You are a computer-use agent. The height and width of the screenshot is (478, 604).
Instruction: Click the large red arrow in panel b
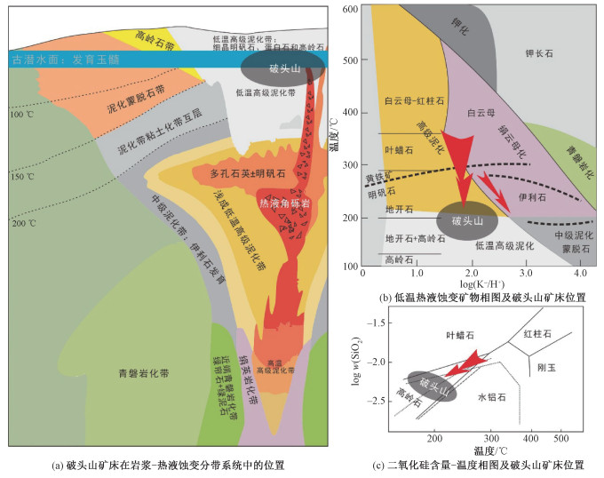(458, 163)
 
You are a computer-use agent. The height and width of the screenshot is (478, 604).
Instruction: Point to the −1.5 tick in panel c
(375, 323)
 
